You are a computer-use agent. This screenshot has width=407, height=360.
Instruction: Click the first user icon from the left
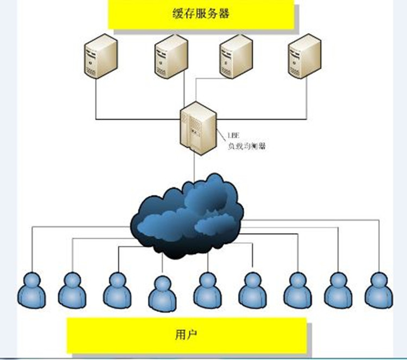[x=31, y=290]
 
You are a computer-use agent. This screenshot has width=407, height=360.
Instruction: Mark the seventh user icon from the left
[x=297, y=290]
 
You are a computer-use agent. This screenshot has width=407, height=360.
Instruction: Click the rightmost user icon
[x=378, y=290]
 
